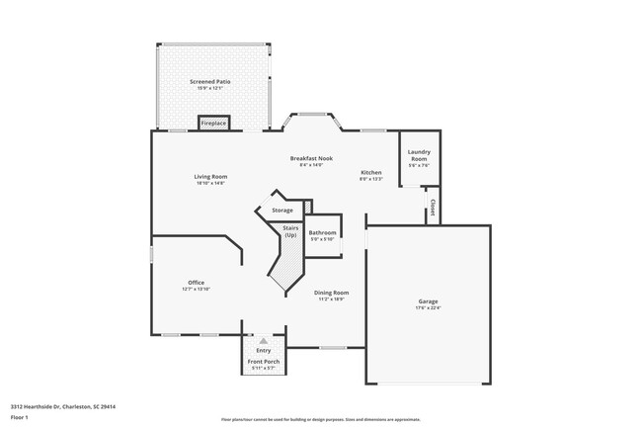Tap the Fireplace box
click(213, 124)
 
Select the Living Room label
click(210, 176)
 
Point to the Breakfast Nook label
click(310, 158)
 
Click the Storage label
click(282, 210)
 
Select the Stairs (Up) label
click(290, 231)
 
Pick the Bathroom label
click(323, 233)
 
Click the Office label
click(197, 283)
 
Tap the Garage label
click(428, 300)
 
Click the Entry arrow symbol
click(264, 340)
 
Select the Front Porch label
click(264, 362)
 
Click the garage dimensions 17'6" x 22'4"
click(428, 307)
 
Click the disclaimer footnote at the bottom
click(320, 419)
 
